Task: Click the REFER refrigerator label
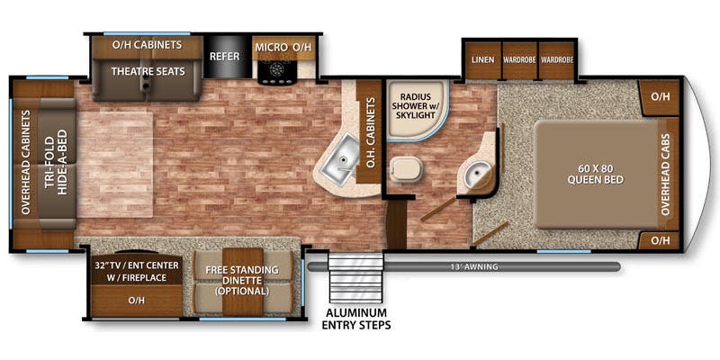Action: coord(224,57)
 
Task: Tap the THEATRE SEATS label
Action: coord(148,71)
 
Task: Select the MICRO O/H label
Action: coord(283,47)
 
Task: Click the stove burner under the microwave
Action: coord(277,70)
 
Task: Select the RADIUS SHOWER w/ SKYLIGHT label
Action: coord(415,106)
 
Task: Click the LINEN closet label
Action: coord(483,59)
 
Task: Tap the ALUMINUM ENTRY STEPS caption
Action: coord(356,319)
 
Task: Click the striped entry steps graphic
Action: coord(355,276)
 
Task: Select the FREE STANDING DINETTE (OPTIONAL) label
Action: coord(242,280)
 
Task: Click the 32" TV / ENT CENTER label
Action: coord(137,265)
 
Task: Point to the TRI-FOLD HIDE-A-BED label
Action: coord(57,162)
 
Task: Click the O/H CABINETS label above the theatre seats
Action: coord(147,45)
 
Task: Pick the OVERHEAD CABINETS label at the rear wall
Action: coord(25,162)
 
